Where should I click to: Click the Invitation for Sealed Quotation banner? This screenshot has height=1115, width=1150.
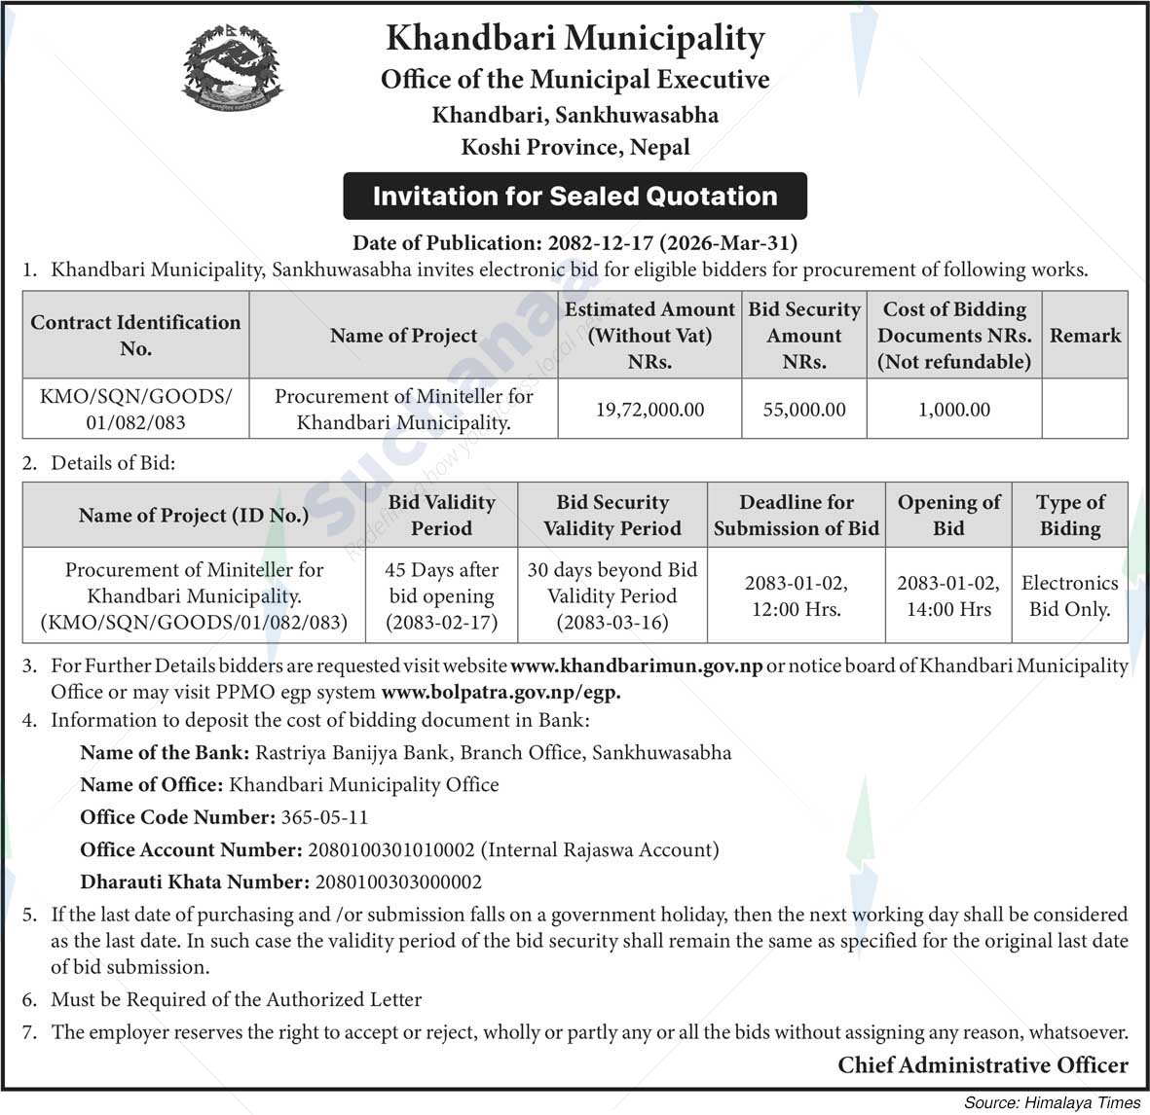575,196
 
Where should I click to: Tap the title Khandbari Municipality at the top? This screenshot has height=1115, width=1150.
575,39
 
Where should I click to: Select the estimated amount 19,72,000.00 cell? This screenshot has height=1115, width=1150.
649,410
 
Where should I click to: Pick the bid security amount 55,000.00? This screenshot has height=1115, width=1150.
804,410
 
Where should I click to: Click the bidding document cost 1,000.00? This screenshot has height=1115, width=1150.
954,410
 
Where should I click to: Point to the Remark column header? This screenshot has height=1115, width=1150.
1085,336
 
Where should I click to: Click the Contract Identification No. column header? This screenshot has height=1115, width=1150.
135,336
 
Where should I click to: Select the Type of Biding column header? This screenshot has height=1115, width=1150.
1069,515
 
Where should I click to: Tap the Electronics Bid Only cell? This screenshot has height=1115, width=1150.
1069,595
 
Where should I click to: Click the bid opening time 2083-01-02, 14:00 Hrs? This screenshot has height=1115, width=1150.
948,595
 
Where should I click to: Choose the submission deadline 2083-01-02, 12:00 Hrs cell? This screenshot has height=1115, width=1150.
796,595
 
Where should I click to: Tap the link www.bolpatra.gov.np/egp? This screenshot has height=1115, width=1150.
501,693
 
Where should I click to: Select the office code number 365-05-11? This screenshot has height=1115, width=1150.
324,817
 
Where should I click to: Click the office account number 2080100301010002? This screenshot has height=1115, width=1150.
390,849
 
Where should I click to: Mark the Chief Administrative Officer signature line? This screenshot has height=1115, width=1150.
983,1065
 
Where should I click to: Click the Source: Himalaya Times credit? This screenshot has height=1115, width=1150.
1052,1102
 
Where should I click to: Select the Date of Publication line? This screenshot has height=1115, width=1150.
575,242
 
